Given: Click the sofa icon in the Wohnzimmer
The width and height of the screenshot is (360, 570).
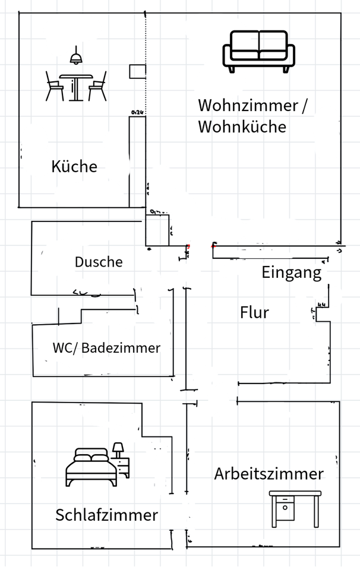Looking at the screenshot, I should click(x=258, y=52).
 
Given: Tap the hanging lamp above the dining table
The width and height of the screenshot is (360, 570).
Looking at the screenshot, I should click(x=75, y=57).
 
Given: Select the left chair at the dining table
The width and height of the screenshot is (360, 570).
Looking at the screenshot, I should click(x=55, y=86).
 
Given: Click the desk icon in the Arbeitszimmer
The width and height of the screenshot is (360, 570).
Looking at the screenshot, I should click(x=295, y=508).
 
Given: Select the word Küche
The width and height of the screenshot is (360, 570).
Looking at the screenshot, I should click(x=74, y=166).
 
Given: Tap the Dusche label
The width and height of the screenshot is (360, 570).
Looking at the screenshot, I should click(x=99, y=262).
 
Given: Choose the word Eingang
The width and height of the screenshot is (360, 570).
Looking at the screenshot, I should click(x=291, y=273).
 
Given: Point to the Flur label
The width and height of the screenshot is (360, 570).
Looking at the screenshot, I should click(x=254, y=312).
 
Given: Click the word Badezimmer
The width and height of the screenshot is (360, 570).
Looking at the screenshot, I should click(x=121, y=348).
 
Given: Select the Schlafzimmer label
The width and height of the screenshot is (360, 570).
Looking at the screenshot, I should click(x=107, y=515).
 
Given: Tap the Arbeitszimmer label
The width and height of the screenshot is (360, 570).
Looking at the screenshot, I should click(x=269, y=474).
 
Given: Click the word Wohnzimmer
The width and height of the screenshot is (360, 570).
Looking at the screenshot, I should click(x=247, y=106).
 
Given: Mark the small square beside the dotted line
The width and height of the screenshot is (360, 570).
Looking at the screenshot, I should click(x=138, y=72).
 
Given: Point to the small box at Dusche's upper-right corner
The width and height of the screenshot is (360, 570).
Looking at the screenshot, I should click(x=157, y=230).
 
